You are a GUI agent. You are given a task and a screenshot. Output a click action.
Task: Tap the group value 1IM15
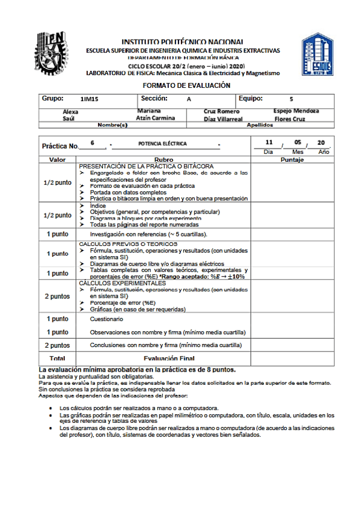pos(88,99)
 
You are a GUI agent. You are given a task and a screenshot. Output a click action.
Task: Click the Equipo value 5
pos(291,99)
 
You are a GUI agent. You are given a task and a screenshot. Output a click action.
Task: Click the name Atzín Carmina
pos(156,118)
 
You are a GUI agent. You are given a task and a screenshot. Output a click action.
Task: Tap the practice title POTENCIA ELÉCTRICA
pos(162,144)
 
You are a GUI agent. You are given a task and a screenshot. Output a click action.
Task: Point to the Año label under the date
pos(323,152)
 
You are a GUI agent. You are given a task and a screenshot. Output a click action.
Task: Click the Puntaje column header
pos(291,160)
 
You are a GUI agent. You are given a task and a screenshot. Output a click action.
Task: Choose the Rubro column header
pos(163,160)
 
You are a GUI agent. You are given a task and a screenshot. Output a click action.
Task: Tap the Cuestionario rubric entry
pos(106,319)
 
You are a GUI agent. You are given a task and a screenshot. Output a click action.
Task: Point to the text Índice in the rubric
pos(98,206)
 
